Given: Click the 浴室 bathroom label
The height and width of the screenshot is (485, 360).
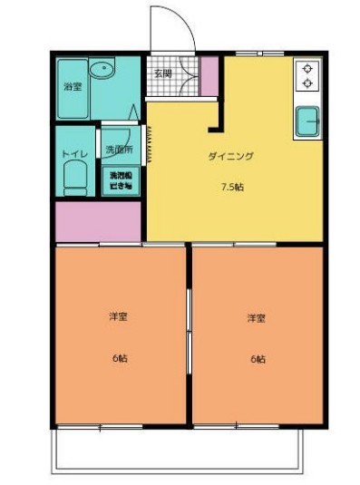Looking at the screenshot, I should point(72,87).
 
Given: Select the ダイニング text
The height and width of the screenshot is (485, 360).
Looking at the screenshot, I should point(230,156).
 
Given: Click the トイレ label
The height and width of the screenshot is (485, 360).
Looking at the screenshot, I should point(73,153).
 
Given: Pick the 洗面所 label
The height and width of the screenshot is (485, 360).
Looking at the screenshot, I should point(118,149).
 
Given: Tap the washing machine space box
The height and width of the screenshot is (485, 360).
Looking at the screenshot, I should point(121,179).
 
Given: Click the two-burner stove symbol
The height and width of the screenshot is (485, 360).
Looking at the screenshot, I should point(306,76).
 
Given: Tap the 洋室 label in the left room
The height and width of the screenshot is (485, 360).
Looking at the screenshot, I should point(118,316).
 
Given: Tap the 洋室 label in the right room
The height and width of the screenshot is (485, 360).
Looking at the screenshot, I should point(257,318).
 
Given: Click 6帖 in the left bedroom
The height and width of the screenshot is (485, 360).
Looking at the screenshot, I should point(120,358).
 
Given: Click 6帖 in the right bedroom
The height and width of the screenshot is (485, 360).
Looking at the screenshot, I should point(258,359).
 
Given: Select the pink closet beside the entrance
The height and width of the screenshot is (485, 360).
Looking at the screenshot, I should point(209,77).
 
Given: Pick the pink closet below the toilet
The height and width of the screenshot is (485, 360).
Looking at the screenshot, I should point(98,222).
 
